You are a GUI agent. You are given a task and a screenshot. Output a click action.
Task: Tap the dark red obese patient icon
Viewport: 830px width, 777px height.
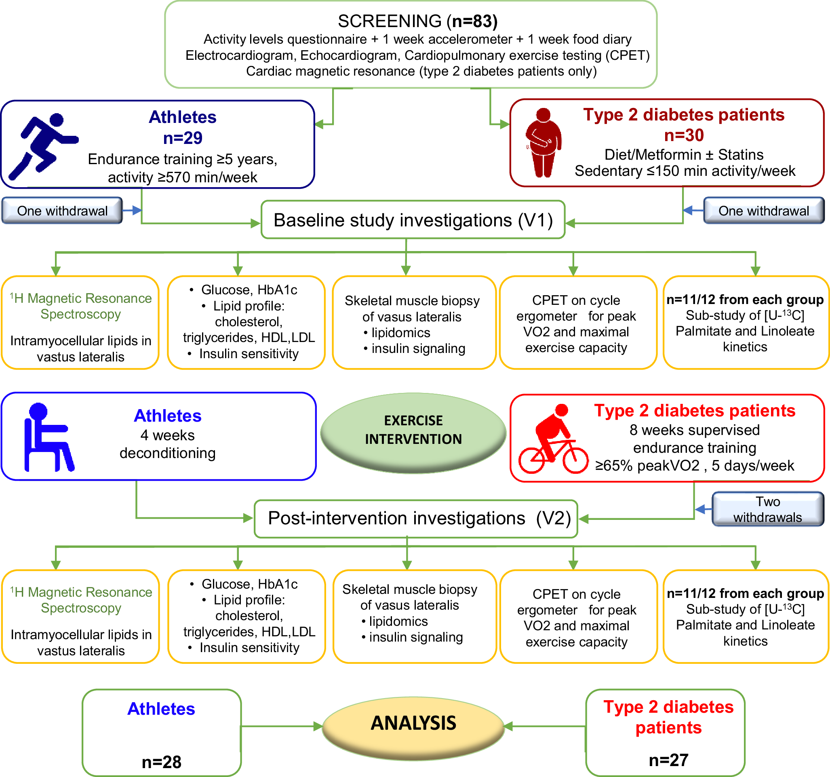pyautogui.click(x=543, y=142)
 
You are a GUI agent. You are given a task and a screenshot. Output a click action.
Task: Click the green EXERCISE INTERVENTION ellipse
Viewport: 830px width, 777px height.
pyautogui.click(x=413, y=433)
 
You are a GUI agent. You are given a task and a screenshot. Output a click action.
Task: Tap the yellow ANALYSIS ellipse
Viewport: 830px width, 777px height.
pyautogui.click(x=413, y=727)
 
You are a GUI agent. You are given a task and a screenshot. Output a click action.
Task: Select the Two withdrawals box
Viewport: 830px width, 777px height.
pyautogui.click(x=767, y=509)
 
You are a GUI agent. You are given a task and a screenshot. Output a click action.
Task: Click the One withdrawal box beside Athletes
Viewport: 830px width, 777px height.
pyautogui.click(x=62, y=211)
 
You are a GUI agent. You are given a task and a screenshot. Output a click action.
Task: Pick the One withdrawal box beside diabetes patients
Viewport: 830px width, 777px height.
pyautogui.click(x=763, y=211)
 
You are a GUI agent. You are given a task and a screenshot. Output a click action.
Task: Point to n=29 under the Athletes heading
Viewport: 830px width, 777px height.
pyautogui.click(x=183, y=137)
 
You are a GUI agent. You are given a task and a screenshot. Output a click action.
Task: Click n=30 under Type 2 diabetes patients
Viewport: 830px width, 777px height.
pyautogui.click(x=683, y=135)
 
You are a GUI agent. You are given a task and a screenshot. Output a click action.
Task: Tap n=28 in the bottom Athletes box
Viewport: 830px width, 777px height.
pyautogui.click(x=162, y=762)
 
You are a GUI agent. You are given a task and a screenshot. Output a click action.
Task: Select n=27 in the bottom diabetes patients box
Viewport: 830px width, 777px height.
pyautogui.click(x=668, y=760)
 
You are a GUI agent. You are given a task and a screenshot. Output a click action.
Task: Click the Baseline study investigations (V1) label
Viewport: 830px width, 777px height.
pyautogui.click(x=413, y=220)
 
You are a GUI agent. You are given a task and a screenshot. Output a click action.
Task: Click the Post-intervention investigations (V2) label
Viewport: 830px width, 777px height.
pyautogui.click(x=419, y=518)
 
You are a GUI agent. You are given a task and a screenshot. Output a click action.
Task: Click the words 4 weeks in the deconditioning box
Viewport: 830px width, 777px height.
pyautogui.click(x=167, y=435)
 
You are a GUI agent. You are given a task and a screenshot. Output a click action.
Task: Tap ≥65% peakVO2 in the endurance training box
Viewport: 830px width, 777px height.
pyautogui.click(x=647, y=465)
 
